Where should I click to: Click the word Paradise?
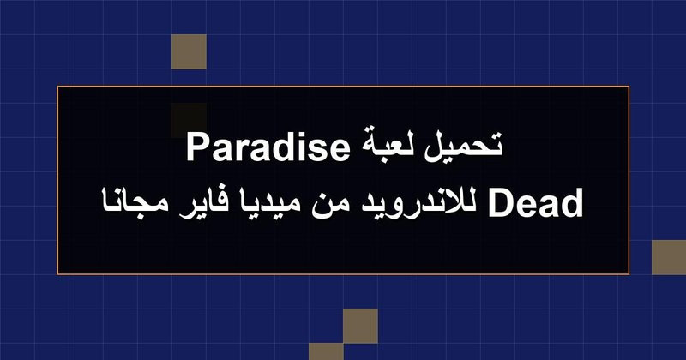click(x=268, y=147)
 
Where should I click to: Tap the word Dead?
click(x=535, y=202)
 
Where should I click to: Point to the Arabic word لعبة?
click(x=387, y=147)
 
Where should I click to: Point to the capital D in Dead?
click(x=500, y=202)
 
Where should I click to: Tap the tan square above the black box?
click(x=189, y=51)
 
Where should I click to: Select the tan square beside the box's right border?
click(x=669, y=257)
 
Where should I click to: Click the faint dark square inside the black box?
click(x=189, y=120)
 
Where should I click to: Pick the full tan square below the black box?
click(x=360, y=326)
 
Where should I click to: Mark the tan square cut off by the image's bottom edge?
click(x=326, y=351)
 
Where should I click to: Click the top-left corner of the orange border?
click(x=57, y=87)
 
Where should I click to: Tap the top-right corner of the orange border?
click(x=629, y=87)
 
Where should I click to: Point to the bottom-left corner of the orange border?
click(x=57, y=274)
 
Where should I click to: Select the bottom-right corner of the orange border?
click(x=629, y=274)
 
